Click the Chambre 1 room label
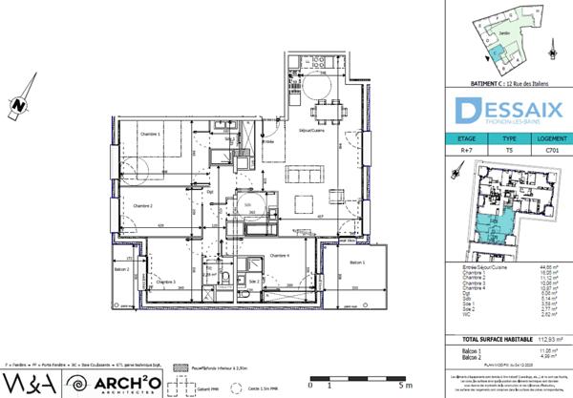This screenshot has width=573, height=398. coord(146,135)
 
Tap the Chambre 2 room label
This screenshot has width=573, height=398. coord(143,205)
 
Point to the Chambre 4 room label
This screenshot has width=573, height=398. coord(282,256)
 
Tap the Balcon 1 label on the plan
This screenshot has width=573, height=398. coord(356,262)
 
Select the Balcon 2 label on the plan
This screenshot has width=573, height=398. coord(121,269)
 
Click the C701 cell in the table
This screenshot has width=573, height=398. coord(550,150)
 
